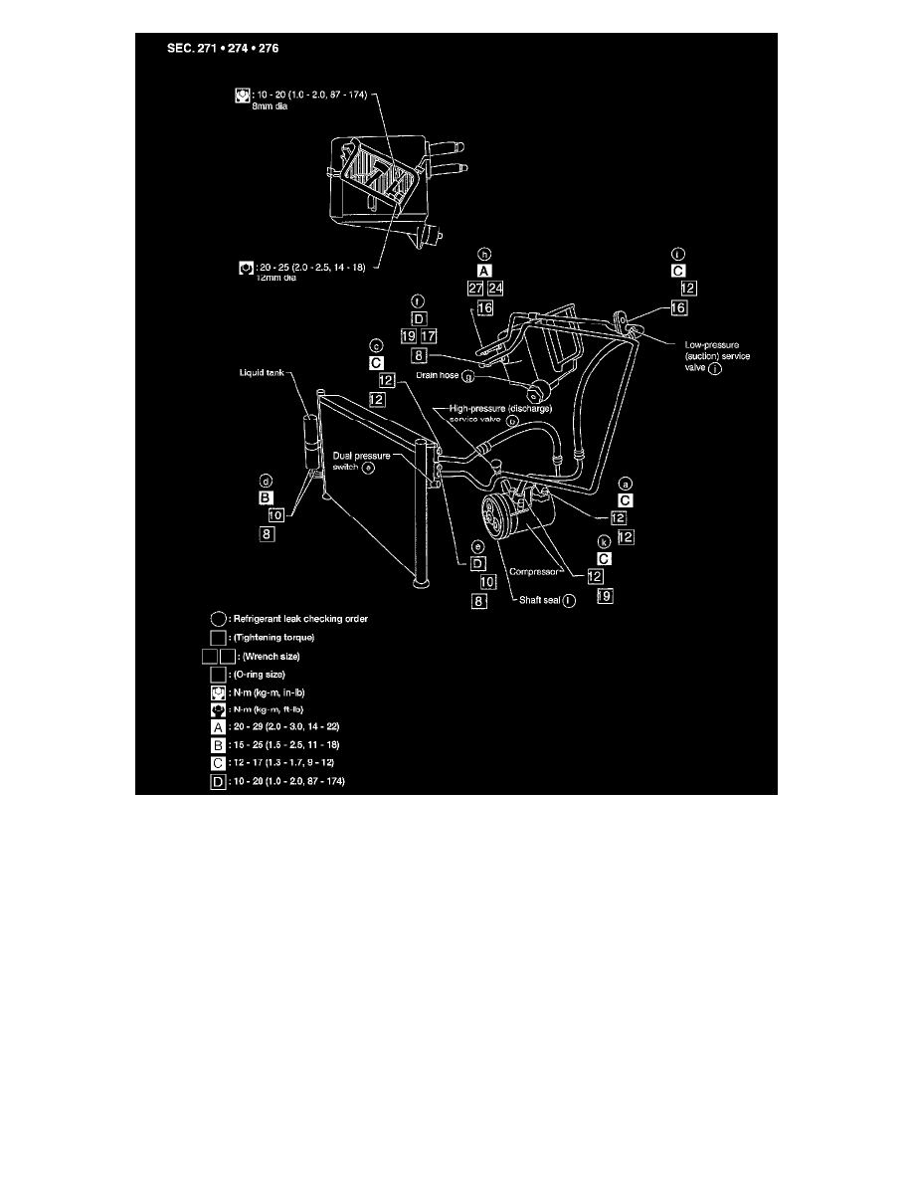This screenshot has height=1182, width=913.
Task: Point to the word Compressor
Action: (x=532, y=572)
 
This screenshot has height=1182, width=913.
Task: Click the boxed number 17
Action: (x=429, y=336)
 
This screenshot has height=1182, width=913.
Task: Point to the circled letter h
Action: (x=484, y=254)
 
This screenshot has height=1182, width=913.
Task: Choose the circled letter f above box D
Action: (x=418, y=301)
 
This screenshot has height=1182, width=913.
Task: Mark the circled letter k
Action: (x=604, y=541)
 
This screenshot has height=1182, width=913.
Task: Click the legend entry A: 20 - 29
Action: (x=284, y=725)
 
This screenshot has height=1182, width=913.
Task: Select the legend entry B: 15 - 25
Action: (x=284, y=744)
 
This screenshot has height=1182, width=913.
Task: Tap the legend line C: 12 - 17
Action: (x=284, y=762)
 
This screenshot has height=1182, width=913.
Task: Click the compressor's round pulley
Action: (x=496, y=521)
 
